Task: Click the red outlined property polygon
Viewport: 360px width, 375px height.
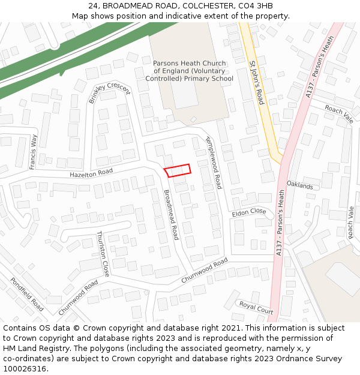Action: point(178,170)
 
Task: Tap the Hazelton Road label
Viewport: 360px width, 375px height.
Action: point(91,172)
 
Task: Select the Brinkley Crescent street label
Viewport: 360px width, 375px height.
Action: point(109,93)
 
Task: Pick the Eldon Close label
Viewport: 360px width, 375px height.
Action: point(248,212)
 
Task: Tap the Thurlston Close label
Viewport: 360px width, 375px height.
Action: point(103,254)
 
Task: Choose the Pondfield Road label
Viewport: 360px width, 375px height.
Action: point(27,294)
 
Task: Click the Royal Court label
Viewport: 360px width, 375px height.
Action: point(256,307)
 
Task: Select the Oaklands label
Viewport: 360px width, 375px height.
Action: point(299,185)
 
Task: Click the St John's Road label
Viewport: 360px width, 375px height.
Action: point(257,82)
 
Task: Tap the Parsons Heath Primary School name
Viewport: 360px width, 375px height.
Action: point(189,71)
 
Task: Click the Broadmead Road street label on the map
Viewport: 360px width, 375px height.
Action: point(172,214)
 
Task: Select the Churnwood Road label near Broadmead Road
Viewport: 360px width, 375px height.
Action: point(205,272)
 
